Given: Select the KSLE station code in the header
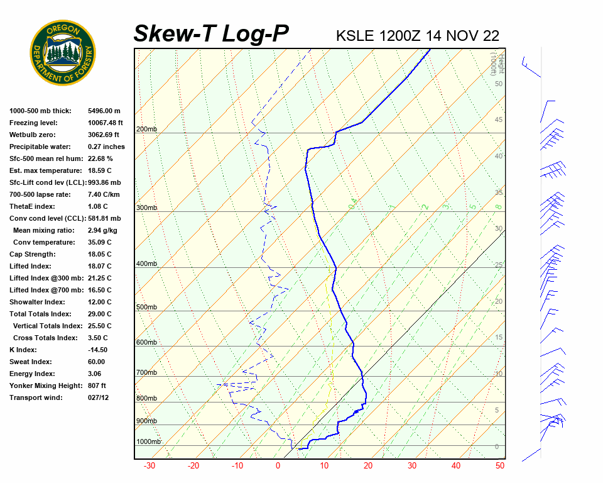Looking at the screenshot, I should tap(356, 35).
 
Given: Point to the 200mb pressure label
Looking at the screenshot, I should tap(146, 130).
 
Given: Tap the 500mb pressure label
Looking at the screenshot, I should tap(146, 307).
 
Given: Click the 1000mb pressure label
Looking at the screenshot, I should tap(149, 441).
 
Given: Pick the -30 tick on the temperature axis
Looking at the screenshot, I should tap(149, 466).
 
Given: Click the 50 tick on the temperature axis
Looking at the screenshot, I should tap(500, 466).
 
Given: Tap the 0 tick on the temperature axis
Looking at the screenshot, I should tap(278, 466).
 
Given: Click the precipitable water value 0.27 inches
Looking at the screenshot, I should tap(106, 147).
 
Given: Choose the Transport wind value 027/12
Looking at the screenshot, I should tap(99, 397).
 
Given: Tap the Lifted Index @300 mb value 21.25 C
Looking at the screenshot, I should tap(100, 278).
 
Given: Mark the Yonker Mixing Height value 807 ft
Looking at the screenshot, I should tap(97, 386).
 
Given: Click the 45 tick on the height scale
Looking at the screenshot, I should tap(498, 120).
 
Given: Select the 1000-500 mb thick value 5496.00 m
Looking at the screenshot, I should tap(104, 111).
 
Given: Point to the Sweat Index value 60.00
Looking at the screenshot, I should tap(97, 362).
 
